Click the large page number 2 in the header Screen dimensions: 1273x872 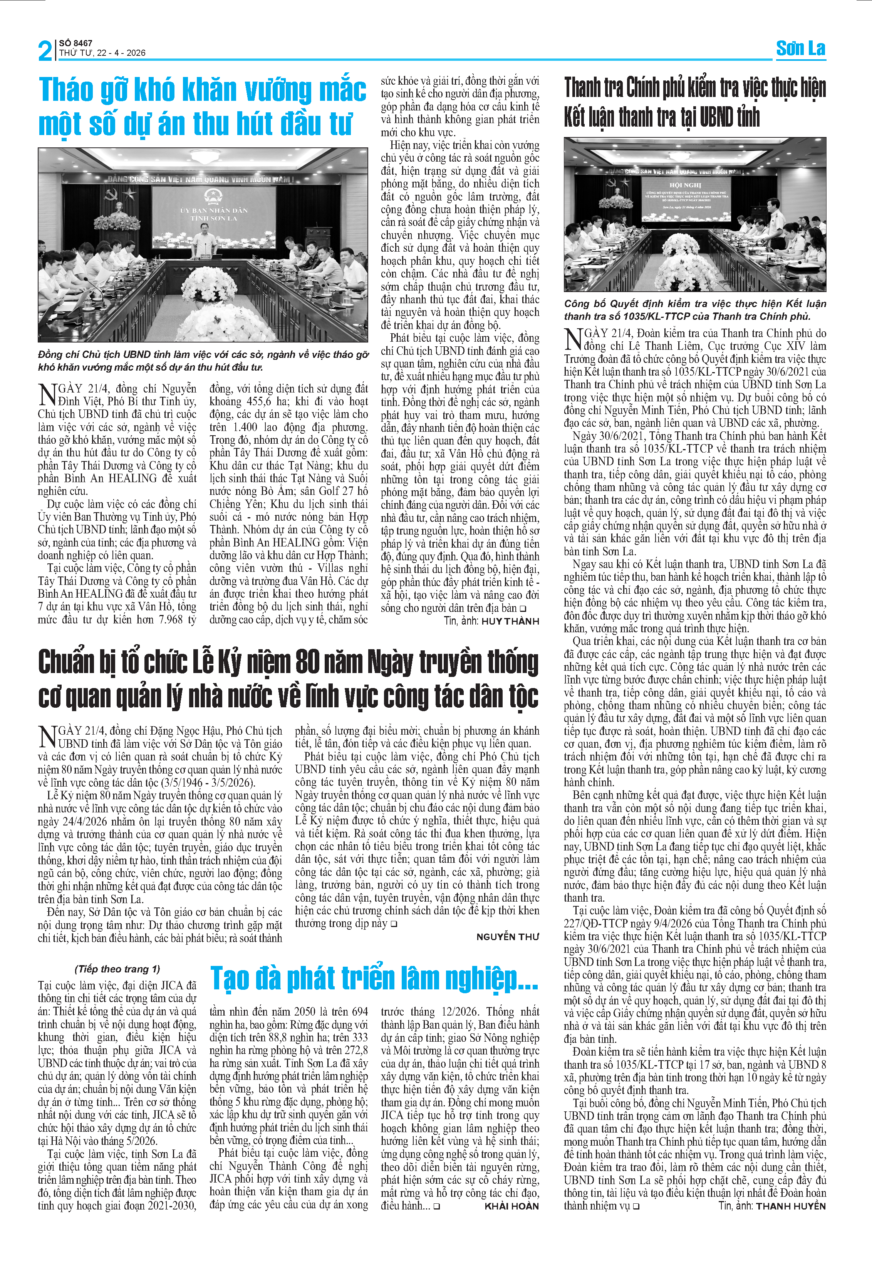(x=45, y=50)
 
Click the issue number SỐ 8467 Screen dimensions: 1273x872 (x=75, y=43)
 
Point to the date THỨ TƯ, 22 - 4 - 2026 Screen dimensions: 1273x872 (x=102, y=53)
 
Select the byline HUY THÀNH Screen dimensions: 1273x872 (x=510, y=621)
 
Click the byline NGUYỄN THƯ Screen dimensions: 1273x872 (x=508, y=937)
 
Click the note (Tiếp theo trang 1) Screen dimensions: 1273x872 (x=117, y=969)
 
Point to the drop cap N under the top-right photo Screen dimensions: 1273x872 (x=573, y=339)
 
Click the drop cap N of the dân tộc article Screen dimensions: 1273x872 (x=47, y=737)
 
